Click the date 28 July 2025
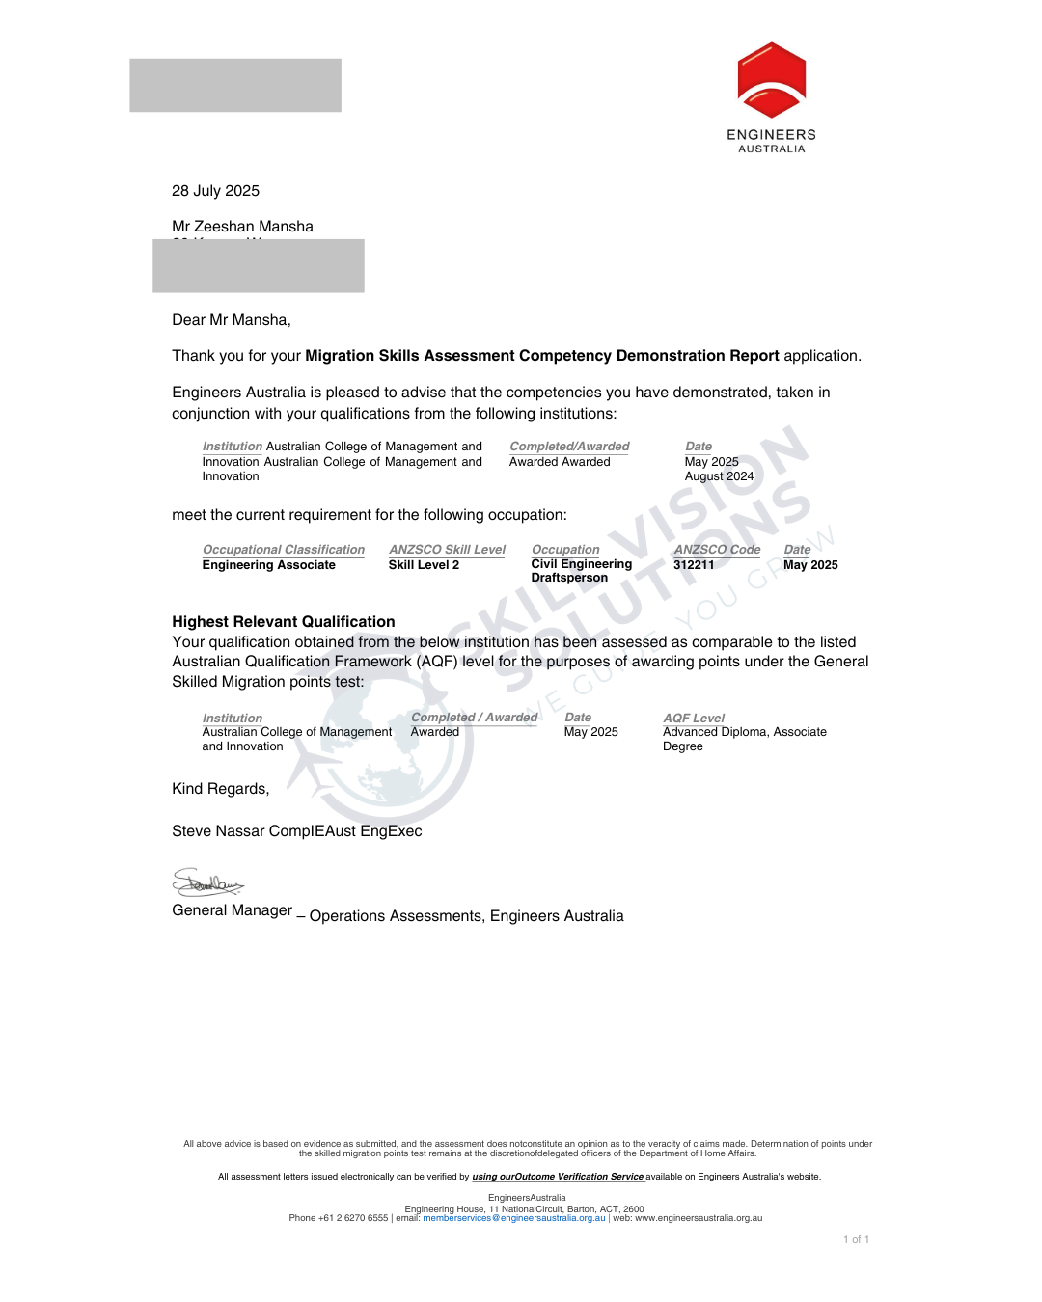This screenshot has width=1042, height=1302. tap(215, 191)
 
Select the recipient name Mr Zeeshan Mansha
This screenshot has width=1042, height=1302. tap(242, 227)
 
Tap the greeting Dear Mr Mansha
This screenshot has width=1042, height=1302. tap(231, 320)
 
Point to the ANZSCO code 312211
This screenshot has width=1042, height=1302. tap(694, 565)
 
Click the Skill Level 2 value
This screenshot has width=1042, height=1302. tap(424, 565)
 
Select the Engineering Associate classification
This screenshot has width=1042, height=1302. tap(268, 565)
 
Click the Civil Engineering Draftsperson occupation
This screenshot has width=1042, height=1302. tap(581, 571)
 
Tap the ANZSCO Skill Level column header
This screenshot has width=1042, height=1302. tap(447, 550)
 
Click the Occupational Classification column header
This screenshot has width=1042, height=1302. tap(283, 550)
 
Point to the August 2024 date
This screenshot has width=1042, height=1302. tap(719, 476)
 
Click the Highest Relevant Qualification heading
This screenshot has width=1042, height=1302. tap(283, 622)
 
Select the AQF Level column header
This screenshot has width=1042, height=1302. tap(694, 719)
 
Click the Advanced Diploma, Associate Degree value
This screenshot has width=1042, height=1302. tap(744, 739)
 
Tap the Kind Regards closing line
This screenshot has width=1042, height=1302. tap(220, 789)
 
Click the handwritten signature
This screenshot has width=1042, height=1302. tap(206, 882)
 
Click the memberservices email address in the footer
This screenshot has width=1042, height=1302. tap(514, 1218)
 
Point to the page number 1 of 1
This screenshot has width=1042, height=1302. tap(856, 1240)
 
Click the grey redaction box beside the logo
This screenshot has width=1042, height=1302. tap(235, 85)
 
